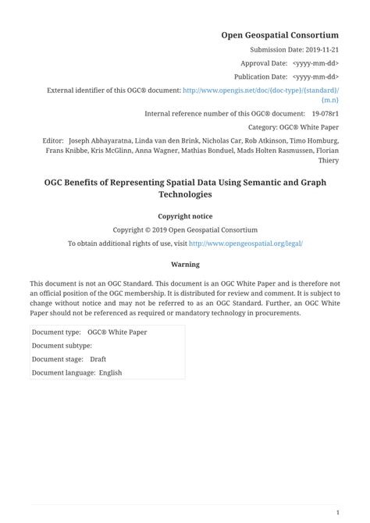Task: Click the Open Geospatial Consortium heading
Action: tap(279, 35)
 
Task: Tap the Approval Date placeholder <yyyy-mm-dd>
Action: tap(315, 63)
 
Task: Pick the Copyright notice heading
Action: tap(185, 216)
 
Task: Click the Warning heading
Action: tap(185, 265)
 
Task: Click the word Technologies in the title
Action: tap(185, 194)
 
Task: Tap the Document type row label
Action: tap(56, 332)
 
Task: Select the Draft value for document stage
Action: tap(98, 359)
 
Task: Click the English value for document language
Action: tap(110, 373)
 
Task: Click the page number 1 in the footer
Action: tap(337, 512)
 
